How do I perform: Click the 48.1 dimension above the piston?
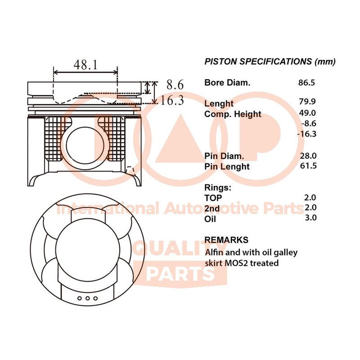(x=85, y=65)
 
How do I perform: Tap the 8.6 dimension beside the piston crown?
(x=175, y=85)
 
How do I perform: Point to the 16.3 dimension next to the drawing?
(x=172, y=100)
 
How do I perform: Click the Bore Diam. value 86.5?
(x=306, y=82)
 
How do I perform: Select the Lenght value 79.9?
(x=307, y=101)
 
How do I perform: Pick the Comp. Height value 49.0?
(x=307, y=113)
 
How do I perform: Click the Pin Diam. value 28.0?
(x=308, y=156)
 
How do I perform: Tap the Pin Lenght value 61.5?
(x=308, y=166)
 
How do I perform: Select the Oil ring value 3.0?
(x=310, y=217)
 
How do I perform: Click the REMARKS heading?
(x=226, y=240)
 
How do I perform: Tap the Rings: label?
(x=218, y=188)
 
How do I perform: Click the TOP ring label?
(x=213, y=198)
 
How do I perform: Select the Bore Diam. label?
(x=227, y=83)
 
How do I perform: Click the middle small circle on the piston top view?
(x=87, y=298)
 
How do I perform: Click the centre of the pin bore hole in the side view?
(x=85, y=145)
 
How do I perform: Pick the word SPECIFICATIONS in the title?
(x=275, y=62)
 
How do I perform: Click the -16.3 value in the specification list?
(x=307, y=134)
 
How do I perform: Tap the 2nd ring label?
(x=212, y=208)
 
